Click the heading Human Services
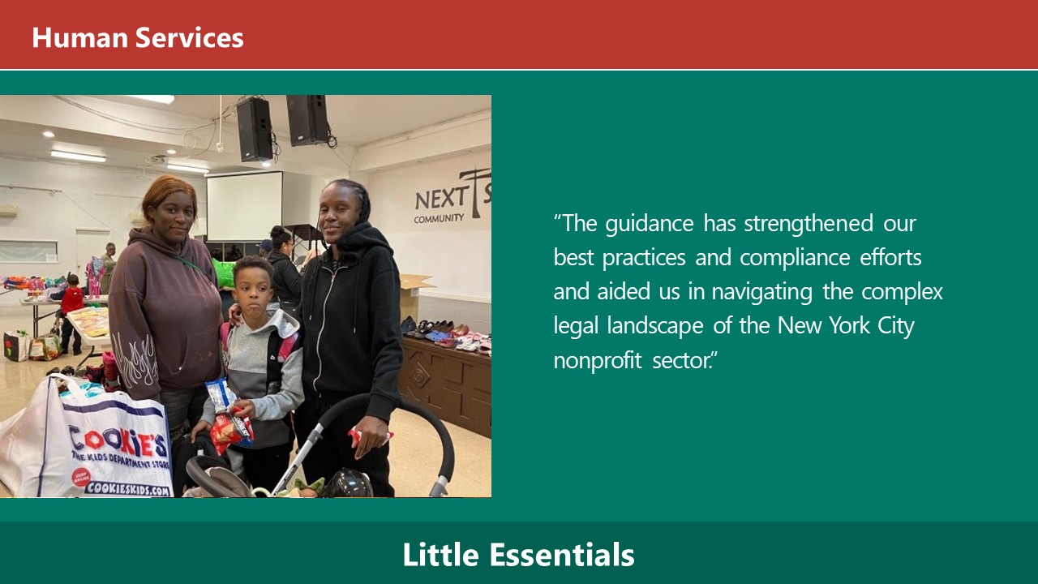click(x=138, y=37)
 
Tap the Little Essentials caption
click(x=518, y=554)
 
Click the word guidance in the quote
click(x=650, y=224)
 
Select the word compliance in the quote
click(x=795, y=258)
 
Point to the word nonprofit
click(x=598, y=361)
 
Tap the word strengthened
click(x=809, y=223)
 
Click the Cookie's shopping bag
click(x=86, y=440)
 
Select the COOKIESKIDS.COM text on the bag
click(x=128, y=488)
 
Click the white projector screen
click(x=244, y=206)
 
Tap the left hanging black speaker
click(x=255, y=129)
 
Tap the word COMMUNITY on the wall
click(x=439, y=218)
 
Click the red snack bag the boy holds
click(x=232, y=429)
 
